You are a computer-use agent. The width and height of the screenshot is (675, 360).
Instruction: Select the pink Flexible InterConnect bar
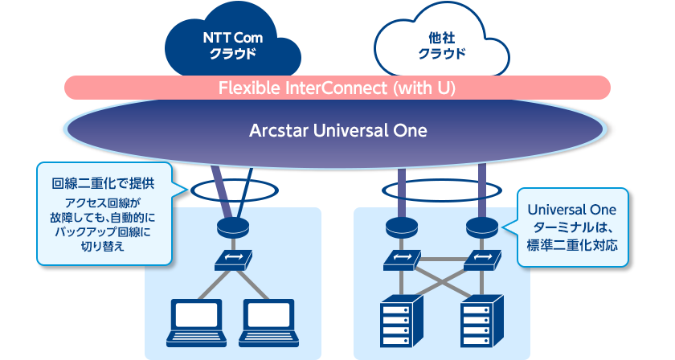(337, 88)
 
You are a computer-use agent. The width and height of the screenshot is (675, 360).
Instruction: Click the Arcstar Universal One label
(338, 130)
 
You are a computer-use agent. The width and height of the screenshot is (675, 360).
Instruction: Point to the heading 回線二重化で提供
(103, 183)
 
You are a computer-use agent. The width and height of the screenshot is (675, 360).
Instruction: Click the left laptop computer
(196, 323)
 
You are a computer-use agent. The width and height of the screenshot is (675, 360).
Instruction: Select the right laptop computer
(269, 323)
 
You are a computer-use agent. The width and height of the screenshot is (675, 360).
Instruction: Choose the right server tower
(481, 321)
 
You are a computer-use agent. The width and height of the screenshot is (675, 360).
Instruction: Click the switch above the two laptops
(233, 260)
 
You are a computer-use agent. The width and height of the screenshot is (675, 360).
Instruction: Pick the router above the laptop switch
(233, 227)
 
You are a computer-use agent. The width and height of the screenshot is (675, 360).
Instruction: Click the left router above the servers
(402, 227)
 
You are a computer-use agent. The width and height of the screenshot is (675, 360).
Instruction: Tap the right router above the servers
(482, 227)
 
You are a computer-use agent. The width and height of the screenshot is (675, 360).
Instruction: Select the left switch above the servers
(402, 260)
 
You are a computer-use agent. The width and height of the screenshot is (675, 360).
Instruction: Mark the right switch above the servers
(483, 260)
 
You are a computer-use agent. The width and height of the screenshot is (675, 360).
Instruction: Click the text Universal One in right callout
(571, 210)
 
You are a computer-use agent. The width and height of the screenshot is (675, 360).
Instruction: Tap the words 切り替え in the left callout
(103, 247)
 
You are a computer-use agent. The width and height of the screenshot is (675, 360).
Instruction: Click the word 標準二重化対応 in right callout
(572, 245)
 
